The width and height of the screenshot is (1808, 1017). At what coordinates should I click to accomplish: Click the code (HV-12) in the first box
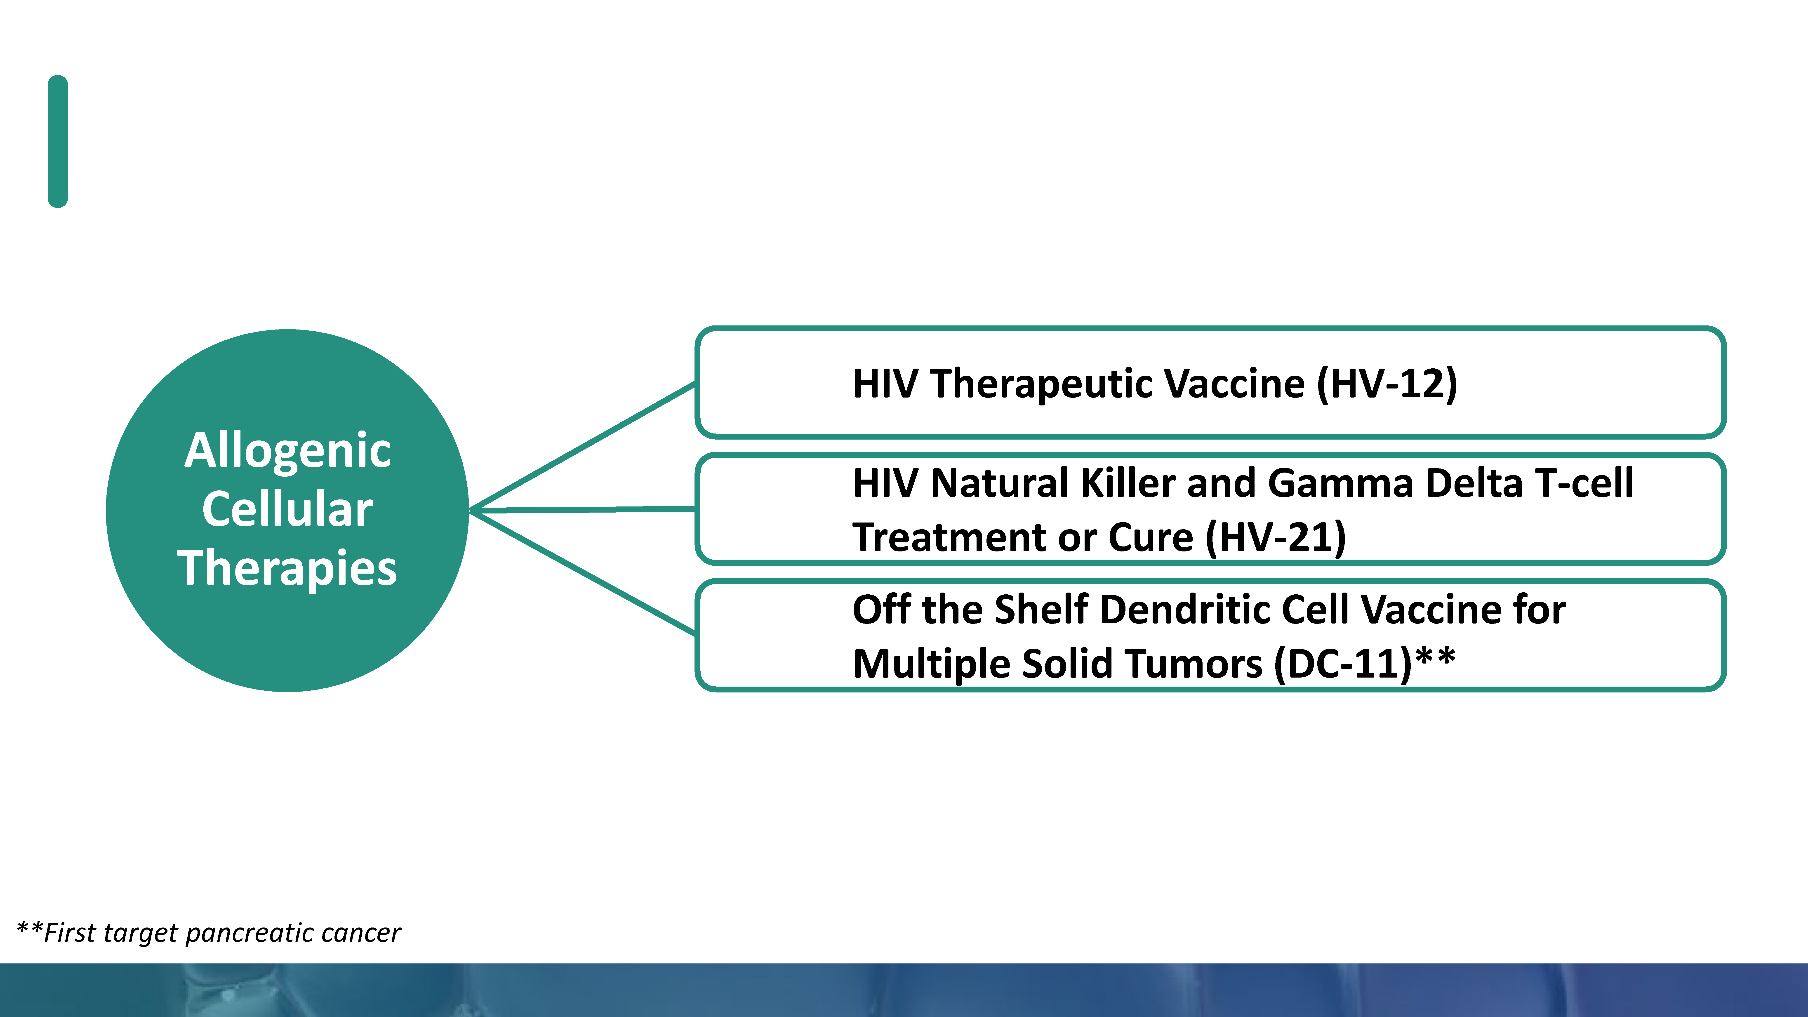pos(1387,384)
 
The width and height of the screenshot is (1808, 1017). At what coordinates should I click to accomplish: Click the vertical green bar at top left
pos(58,141)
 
